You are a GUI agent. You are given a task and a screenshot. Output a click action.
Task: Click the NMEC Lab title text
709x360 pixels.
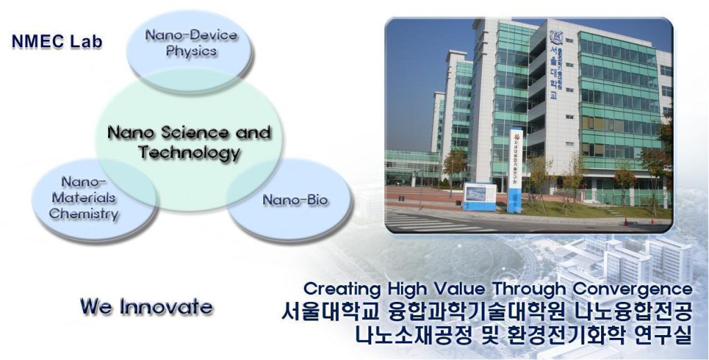click(x=57, y=42)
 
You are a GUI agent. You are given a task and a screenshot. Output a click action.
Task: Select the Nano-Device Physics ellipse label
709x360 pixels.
click(x=190, y=43)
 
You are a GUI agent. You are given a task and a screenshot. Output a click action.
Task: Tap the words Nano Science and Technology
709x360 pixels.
click(x=188, y=142)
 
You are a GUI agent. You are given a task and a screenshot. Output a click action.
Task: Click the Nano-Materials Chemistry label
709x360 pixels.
click(x=83, y=198)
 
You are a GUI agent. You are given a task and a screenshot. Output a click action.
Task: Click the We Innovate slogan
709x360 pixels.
click(x=146, y=306)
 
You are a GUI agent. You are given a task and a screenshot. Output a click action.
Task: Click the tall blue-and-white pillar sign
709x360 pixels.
click(x=516, y=170)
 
